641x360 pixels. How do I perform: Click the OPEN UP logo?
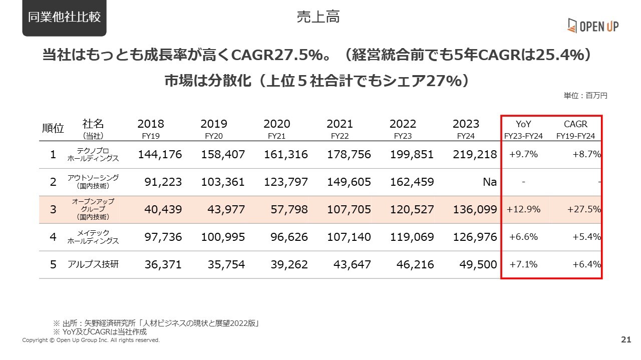pyautogui.click(x=593, y=26)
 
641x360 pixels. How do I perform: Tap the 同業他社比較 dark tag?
pyautogui.click(x=65, y=17)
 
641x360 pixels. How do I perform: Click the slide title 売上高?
pyautogui.click(x=318, y=17)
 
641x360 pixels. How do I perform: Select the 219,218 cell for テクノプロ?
pyautogui.click(x=475, y=155)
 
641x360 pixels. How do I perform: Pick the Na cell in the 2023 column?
pyautogui.click(x=490, y=182)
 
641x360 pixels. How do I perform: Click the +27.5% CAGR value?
pyautogui.click(x=584, y=209)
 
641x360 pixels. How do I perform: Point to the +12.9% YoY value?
pyautogui.click(x=523, y=209)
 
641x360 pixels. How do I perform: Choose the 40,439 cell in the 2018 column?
pyautogui.click(x=163, y=209)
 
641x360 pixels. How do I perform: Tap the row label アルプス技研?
pyautogui.click(x=93, y=264)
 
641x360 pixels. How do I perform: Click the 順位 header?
pyautogui.click(x=53, y=128)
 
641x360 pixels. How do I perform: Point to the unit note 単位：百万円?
pyautogui.click(x=585, y=95)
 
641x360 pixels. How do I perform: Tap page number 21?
pyautogui.click(x=626, y=339)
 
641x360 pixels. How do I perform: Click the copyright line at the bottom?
pyautogui.click(x=91, y=340)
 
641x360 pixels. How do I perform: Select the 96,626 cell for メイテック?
pyautogui.click(x=289, y=237)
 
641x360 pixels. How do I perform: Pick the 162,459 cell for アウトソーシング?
pyautogui.click(x=412, y=182)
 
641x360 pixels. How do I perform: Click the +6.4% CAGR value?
pyautogui.click(x=586, y=264)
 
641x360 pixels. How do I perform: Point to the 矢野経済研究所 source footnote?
pyautogui.click(x=156, y=323)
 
